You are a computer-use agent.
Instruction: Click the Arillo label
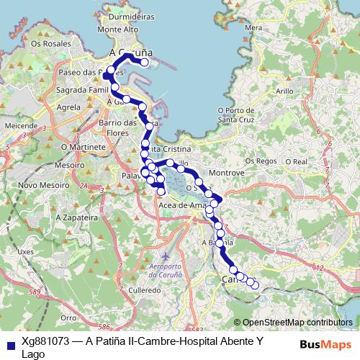coord(284,92)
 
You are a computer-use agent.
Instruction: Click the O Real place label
coord(296,162)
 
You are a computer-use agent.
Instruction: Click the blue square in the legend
coord(10,341)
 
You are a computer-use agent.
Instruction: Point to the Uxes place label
coord(26,252)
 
